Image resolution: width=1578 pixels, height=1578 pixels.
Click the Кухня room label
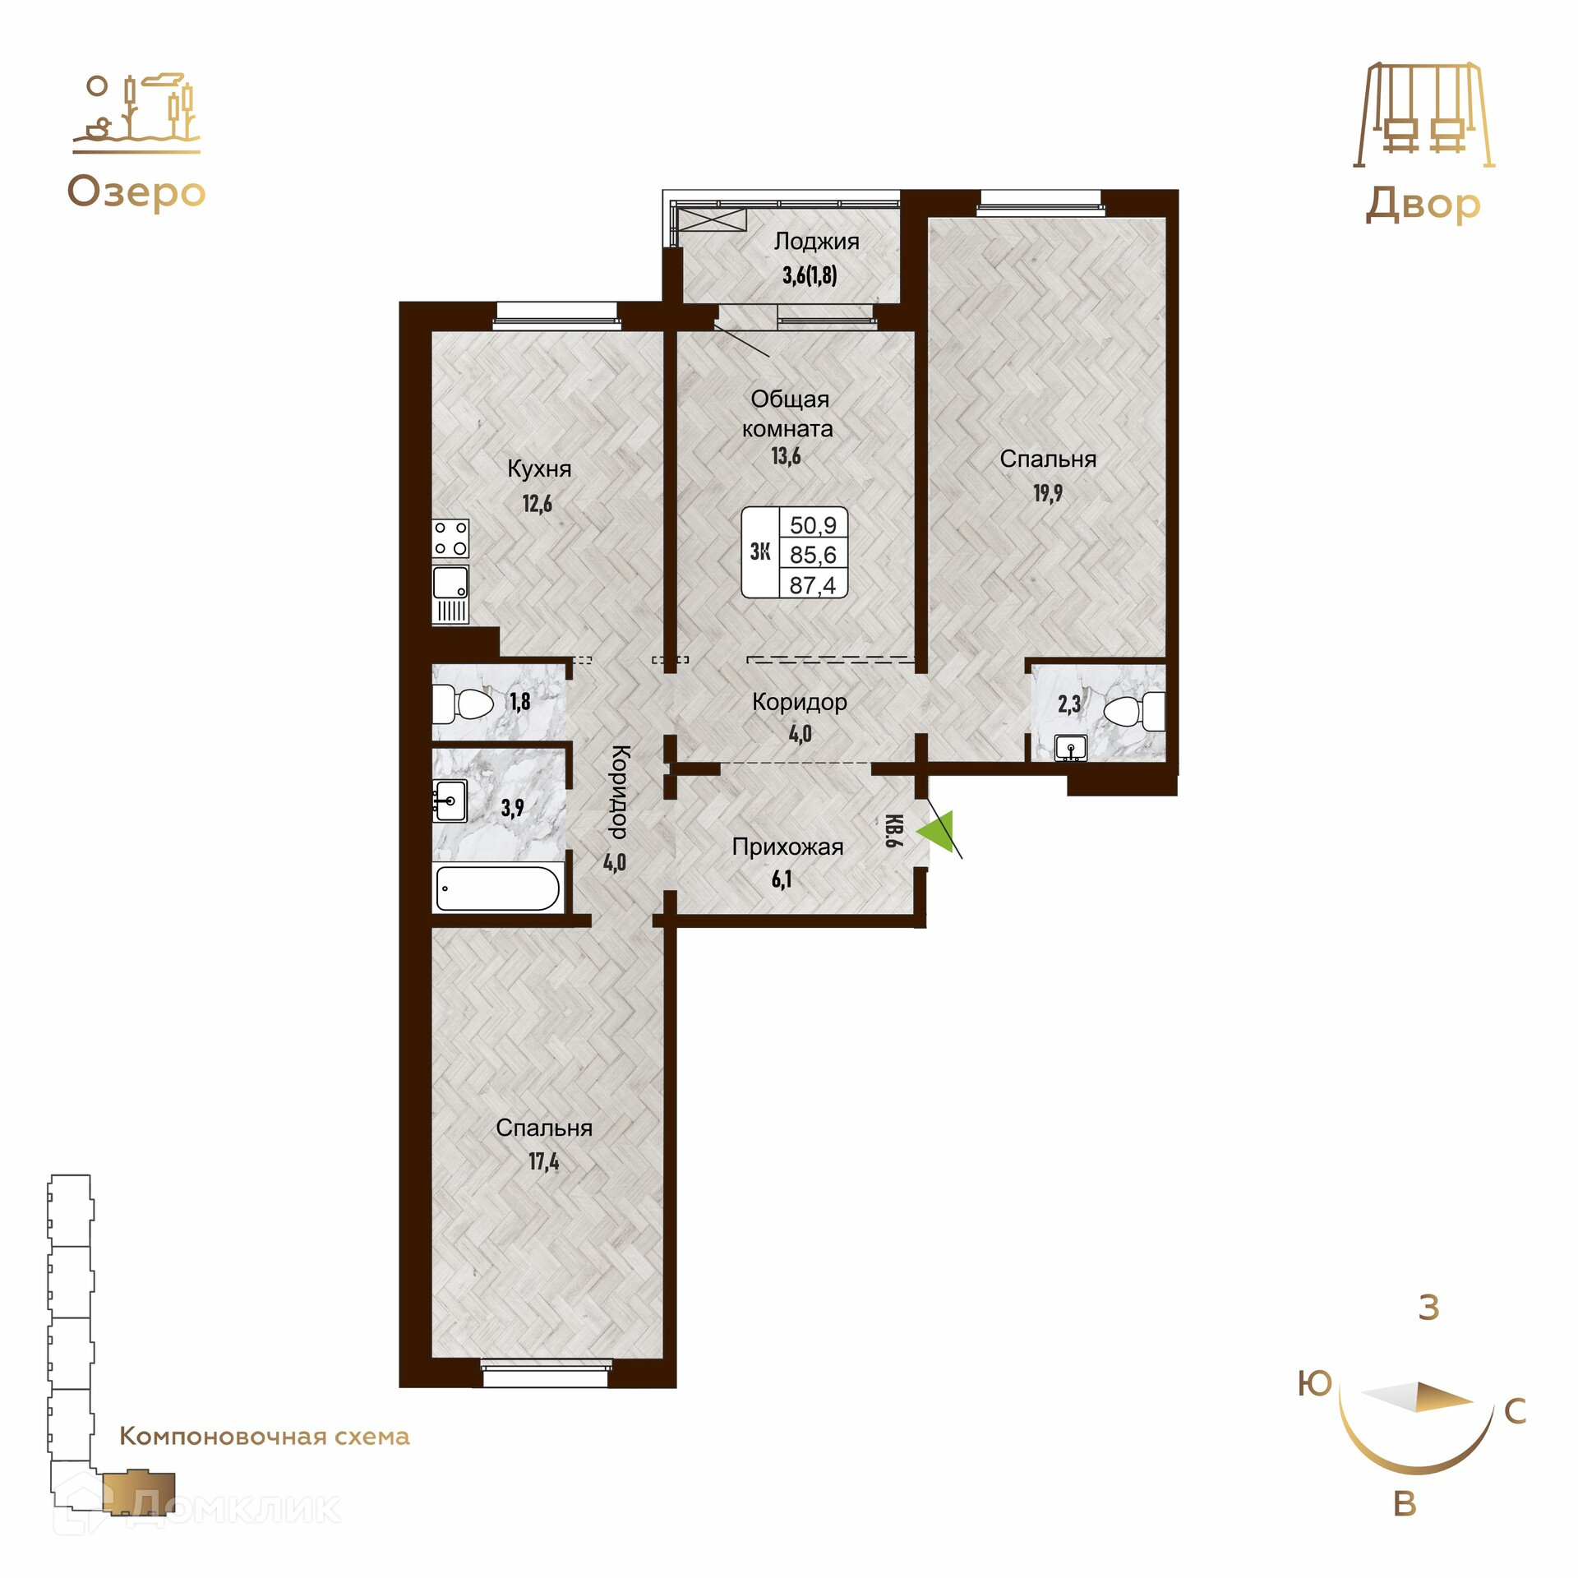(x=539, y=468)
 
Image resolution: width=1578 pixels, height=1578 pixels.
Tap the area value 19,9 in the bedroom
(x=1048, y=493)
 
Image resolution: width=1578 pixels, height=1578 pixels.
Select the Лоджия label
(x=817, y=242)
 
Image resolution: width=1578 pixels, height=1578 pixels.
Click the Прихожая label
(x=787, y=847)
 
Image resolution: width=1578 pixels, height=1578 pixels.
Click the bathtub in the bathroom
(x=498, y=888)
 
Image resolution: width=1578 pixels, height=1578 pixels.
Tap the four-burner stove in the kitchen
(x=450, y=538)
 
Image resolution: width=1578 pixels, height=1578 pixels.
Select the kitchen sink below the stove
(x=450, y=593)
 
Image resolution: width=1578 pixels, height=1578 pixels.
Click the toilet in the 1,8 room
(x=463, y=703)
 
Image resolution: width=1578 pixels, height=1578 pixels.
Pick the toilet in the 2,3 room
(x=1134, y=710)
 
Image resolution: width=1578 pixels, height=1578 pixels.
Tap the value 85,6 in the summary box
(x=813, y=555)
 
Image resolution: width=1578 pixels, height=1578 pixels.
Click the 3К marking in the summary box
(x=760, y=551)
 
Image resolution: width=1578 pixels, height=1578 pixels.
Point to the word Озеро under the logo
(x=136, y=193)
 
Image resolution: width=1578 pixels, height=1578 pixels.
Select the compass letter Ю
(x=1315, y=1383)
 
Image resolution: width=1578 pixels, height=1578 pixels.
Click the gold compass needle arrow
(x=1417, y=1396)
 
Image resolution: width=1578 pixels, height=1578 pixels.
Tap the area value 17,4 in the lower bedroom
(x=544, y=1161)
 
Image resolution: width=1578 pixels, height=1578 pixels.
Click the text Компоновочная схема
(x=265, y=1436)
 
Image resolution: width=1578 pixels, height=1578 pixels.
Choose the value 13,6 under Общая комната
(x=787, y=455)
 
